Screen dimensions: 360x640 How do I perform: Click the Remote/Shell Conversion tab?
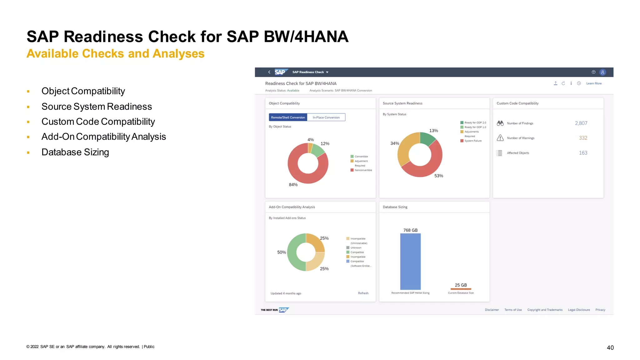point(288,117)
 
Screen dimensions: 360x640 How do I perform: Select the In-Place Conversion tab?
point(326,117)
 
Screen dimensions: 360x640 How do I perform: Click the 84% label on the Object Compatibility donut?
point(293,185)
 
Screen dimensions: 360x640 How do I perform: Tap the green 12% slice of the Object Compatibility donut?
point(318,151)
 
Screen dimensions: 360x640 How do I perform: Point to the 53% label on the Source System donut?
point(438,176)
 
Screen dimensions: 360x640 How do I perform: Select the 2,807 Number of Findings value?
point(581,123)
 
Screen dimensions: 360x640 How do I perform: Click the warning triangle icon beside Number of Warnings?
point(500,138)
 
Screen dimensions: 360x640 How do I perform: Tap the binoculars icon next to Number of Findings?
point(500,123)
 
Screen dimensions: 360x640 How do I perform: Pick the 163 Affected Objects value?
point(583,153)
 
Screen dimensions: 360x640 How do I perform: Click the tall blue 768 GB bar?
point(410,261)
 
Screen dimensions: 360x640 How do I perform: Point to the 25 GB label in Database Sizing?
point(461,285)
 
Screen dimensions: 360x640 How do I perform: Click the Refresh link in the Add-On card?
point(363,293)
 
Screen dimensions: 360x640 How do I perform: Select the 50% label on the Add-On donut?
point(282,252)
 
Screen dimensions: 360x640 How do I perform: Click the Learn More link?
point(594,83)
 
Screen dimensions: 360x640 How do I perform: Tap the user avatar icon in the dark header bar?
point(602,72)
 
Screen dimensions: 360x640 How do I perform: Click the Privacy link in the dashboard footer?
point(600,310)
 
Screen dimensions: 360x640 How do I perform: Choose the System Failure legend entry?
point(472,141)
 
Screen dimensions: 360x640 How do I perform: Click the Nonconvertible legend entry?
point(363,170)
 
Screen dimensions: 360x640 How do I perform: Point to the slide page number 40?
point(610,347)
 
